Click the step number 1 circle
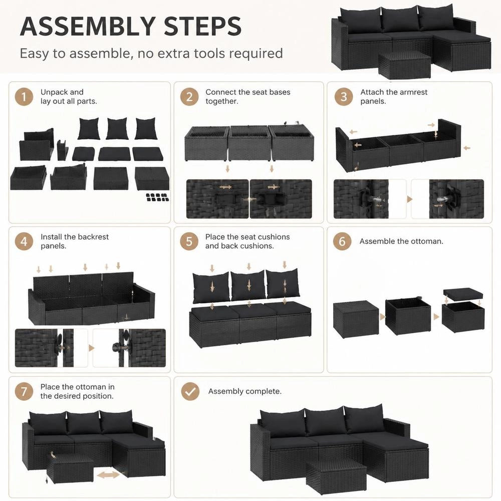pyautogui.click(x=24, y=97)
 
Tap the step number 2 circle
pyautogui.click(x=189, y=97)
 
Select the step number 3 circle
pyautogui.click(x=344, y=97)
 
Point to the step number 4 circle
pyautogui.click(x=24, y=241)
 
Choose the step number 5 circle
pyautogui.click(x=189, y=241)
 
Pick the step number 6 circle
pyautogui.click(x=342, y=241)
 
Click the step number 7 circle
pyautogui.click(x=24, y=391)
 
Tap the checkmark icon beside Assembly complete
pyautogui.click(x=190, y=391)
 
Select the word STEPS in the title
pyautogui.click(x=202, y=26)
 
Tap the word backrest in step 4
pyautogui.click(x=93, y=237)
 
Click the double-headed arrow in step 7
pyautogui.click(x=108, y=475)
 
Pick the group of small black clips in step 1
pyautogui.click(x=157, y=197)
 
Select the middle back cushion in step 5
pyautogui.click(x=248, y=286)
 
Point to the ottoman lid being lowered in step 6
pyautogui.click(x=463, y=294)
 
